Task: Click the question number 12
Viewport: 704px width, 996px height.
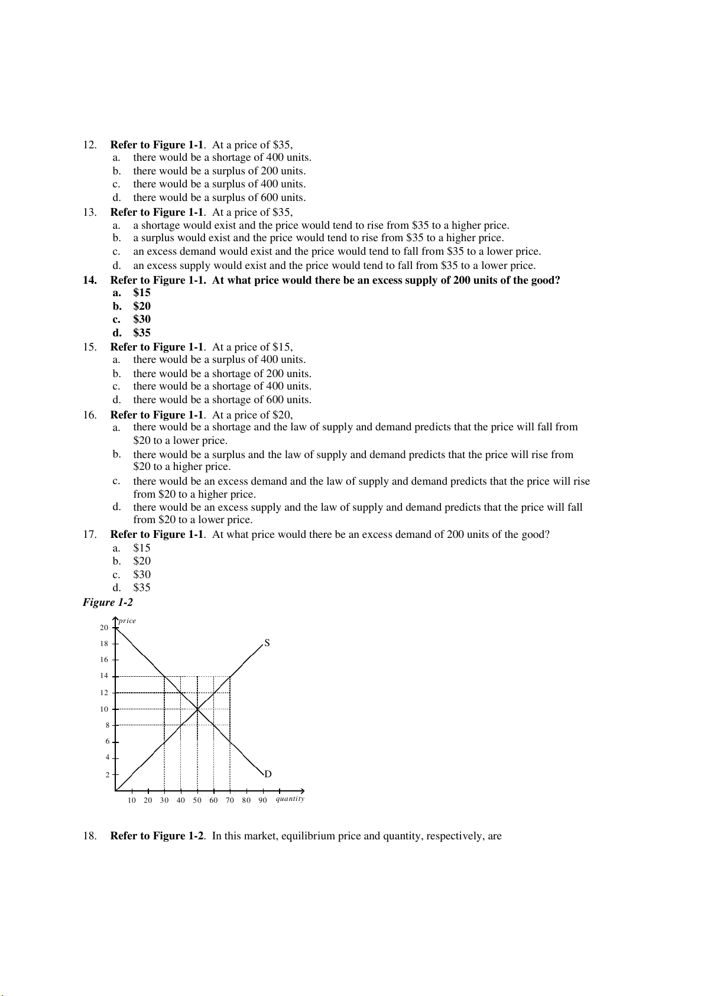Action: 89,145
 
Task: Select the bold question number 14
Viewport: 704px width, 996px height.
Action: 89,280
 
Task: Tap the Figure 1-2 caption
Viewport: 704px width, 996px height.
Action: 108,602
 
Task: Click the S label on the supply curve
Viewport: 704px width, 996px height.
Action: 267,643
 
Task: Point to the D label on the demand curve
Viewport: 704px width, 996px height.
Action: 268,774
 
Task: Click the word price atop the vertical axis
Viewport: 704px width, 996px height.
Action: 127,621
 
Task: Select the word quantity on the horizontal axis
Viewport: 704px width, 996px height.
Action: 290,799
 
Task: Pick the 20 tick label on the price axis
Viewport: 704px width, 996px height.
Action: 104,628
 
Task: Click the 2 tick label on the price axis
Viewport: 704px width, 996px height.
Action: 107,774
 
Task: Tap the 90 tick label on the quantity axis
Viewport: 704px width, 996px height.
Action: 262,800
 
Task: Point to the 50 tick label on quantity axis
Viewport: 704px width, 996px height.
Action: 197,800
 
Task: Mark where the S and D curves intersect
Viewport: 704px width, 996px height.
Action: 197,709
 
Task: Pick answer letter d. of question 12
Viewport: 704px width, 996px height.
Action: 116,198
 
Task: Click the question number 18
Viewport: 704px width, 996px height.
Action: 89,836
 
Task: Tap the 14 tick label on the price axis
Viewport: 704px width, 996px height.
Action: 104,676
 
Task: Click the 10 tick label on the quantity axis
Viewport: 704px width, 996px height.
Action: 131,800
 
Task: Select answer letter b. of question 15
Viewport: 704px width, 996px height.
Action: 116,374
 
